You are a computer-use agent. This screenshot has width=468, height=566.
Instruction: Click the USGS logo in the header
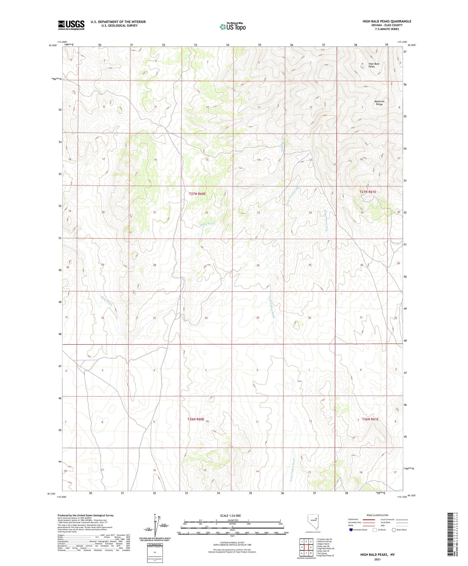tap(71, 25)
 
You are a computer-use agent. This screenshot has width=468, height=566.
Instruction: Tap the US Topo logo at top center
tap(233, 27)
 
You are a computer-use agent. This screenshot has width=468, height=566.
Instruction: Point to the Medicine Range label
tap(379, 103)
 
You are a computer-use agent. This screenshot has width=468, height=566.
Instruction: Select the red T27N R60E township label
tap(197, 194)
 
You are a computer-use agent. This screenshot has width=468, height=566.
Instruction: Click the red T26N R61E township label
tap(370, 419)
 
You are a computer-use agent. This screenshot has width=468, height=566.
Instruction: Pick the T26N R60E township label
tap(196, 419)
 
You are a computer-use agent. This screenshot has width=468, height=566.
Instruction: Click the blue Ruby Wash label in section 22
tap(208, 224)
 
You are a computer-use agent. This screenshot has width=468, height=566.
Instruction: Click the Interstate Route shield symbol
tap(351, 530)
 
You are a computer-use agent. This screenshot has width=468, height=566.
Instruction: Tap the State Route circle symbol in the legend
tap(394, 530)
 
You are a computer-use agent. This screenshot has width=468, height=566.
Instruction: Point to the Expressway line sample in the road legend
tap(368, 519)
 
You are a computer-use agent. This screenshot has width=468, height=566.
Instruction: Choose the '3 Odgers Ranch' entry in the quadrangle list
tap(323, 544)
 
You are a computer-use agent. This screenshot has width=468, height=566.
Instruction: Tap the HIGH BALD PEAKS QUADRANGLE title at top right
tap(387, 21)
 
